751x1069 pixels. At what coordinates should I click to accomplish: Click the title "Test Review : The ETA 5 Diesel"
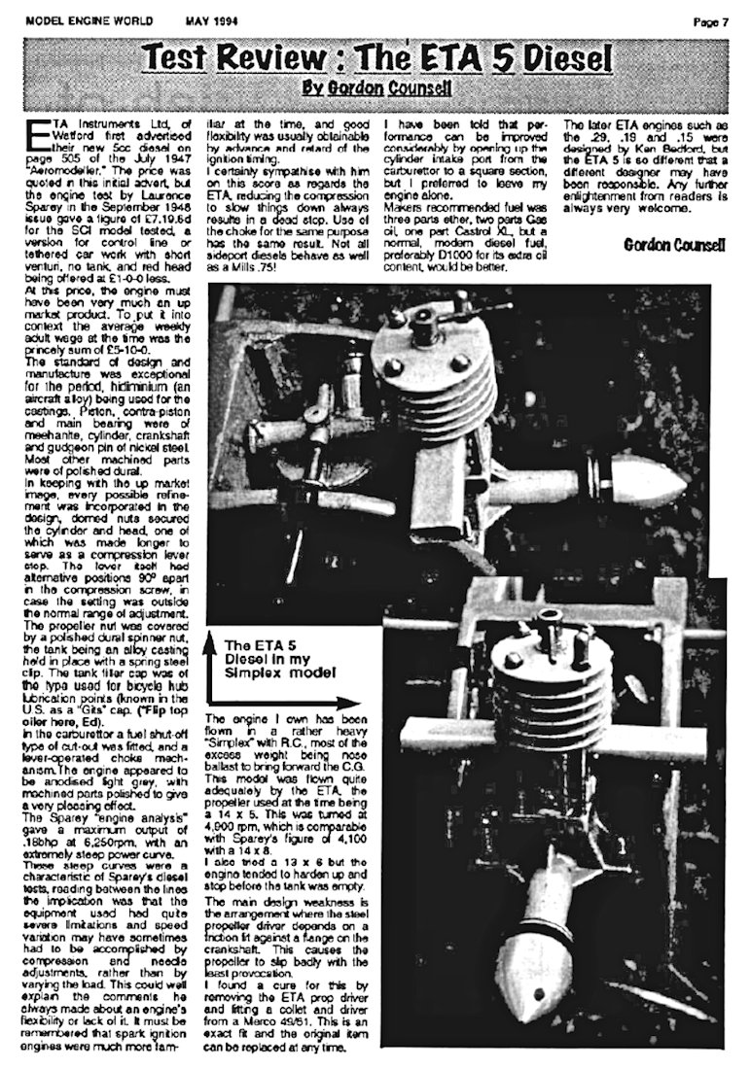tap(375, 60)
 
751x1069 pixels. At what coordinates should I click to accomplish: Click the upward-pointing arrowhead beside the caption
tap(211, 638)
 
